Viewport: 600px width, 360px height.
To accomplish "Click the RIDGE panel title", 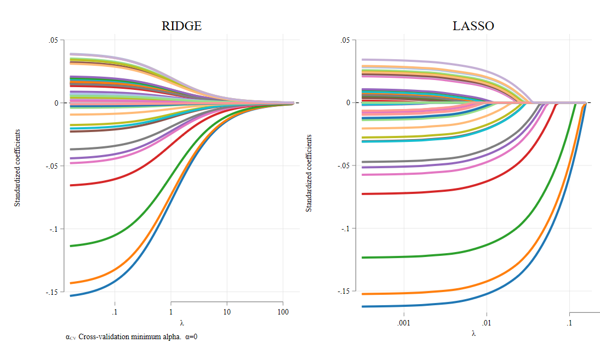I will coord(181,26).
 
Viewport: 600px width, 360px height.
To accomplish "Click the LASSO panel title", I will coord(473,26).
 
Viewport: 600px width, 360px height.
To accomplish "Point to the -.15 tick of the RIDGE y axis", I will coord(53,292).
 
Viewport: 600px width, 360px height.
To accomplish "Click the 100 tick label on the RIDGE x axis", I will coord(283,312).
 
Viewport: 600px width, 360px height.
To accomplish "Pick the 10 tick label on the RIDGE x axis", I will coord(227,312).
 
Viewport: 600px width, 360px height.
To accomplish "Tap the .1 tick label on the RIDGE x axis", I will coord(115,312).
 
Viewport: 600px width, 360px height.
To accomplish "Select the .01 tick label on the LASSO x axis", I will coord(487,323).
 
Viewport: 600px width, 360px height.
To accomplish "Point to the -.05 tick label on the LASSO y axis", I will coord(344,165).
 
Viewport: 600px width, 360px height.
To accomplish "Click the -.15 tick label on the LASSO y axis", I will coord(344,291).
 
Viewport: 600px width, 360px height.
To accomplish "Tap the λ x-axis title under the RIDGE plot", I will coord(181,323).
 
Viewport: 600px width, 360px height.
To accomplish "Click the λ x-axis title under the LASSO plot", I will coord(473,333).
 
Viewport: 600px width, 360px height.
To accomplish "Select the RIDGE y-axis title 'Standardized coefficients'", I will coord(17,168).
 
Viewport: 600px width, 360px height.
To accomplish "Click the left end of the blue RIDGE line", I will coord(71,296).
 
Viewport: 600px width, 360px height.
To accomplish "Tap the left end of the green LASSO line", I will coord(363,258).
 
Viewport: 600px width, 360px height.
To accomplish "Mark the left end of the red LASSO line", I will coord(363,194).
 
